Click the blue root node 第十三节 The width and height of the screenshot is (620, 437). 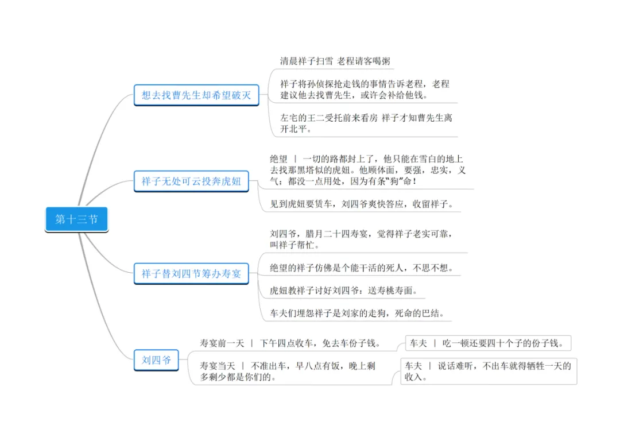[76, 219]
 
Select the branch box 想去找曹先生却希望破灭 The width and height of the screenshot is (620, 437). [196, 95]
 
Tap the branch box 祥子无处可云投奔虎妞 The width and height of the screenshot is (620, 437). [191, 182]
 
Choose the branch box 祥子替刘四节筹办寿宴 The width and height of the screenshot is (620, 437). [191, 274]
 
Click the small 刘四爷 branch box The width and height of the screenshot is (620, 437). [156, 360]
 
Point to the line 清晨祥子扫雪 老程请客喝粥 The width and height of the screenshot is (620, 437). [336, 61]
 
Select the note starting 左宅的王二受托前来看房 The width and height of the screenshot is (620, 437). [366, 123]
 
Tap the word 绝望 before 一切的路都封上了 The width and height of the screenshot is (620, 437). [279, 158]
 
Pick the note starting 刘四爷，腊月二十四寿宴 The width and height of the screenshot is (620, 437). [362, 239]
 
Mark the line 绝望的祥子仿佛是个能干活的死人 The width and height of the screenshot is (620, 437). [362, 268]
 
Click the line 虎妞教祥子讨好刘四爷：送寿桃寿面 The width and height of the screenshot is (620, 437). [343, 291]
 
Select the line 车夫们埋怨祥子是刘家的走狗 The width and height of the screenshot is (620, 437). [357, 314]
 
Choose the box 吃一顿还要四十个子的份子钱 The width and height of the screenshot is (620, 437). [488, 343]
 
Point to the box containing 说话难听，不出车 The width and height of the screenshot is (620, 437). [488, 371]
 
